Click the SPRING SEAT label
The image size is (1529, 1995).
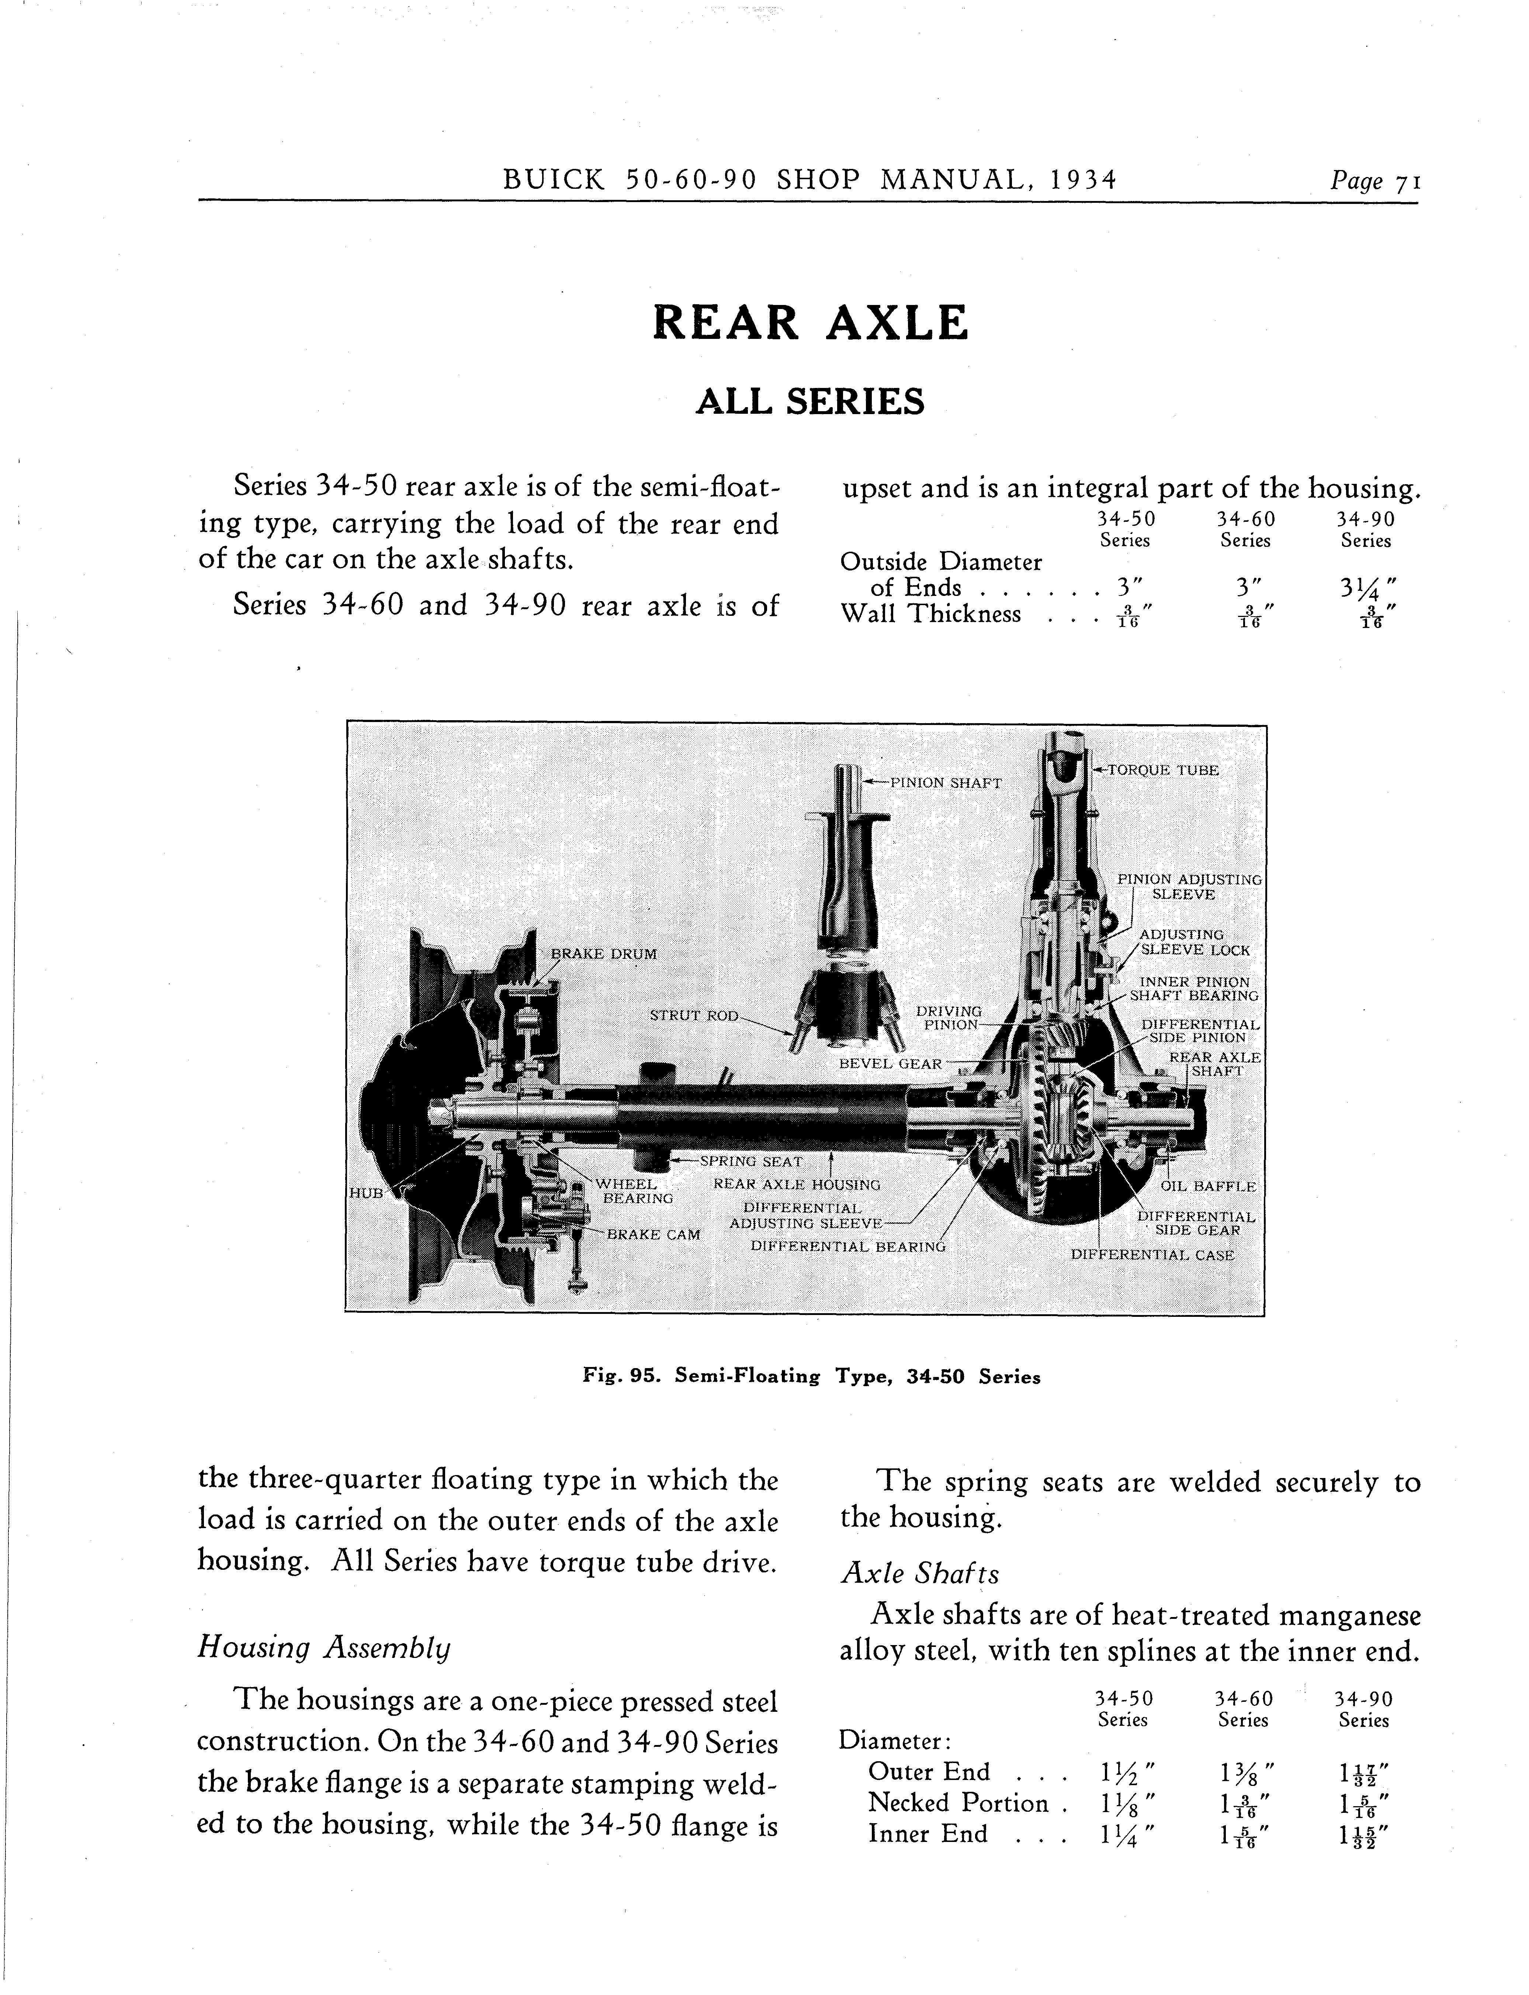click(751, 1162)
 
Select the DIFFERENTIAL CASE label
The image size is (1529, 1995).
click(1152, 1255)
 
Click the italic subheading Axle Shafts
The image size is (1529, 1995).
click(919, 1574)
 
